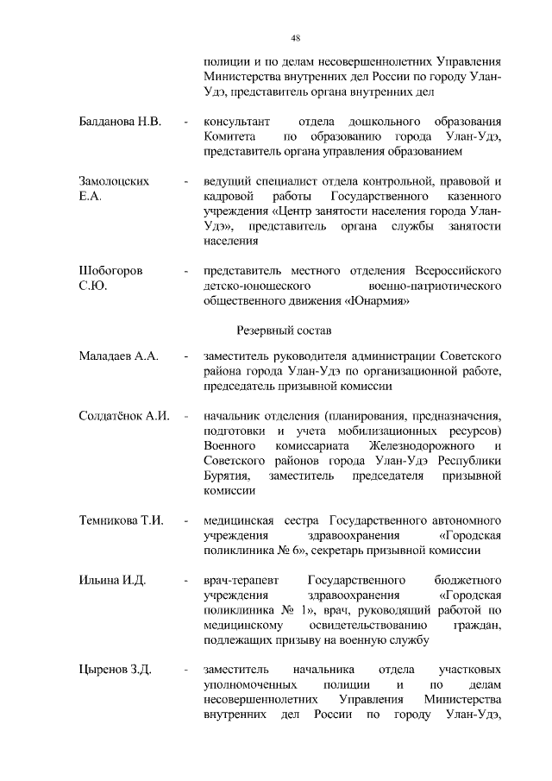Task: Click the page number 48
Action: tap(295, 39)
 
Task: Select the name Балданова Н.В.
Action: tap(119, 120)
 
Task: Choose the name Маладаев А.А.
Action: tap(117, 356)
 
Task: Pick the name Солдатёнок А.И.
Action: tap(122, 415)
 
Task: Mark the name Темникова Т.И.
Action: tap(121, 520)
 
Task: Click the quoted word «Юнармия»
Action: tap(376, 301)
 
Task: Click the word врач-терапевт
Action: tap(238, 579)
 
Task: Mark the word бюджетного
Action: tap(467, 579)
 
